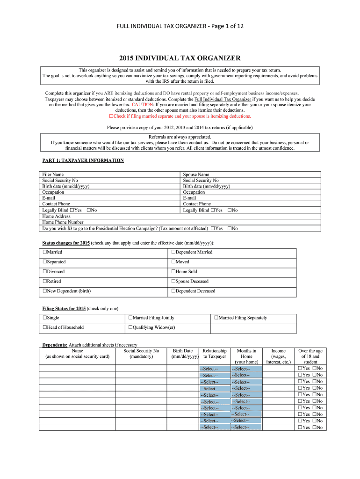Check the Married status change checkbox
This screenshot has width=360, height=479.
click(45, 252)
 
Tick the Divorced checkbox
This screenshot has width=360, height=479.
click(45, 272)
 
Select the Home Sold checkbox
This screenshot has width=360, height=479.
click(173, 272)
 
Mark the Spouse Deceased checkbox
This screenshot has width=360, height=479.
click(173, 282)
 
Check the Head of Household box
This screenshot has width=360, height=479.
click(45, 327)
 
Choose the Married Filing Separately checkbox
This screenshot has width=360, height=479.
click(216, 318)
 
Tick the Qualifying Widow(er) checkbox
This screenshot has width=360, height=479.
click(130, 327)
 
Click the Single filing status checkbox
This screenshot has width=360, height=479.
click(45, 318)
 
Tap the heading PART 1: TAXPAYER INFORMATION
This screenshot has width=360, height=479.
click(83, 160)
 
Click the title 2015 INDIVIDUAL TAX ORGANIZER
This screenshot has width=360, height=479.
click(180, 58)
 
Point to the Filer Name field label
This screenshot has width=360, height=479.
click(53, 174)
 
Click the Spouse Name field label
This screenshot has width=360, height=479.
click(196, 174)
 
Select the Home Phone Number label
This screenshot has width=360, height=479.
click(63, 223)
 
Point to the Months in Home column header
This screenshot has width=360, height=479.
click(246, 356)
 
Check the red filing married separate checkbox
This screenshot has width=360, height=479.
click(111, 116)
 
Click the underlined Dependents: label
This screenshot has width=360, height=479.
click(55, 345)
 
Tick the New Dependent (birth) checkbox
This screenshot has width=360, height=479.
click(45, 291)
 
